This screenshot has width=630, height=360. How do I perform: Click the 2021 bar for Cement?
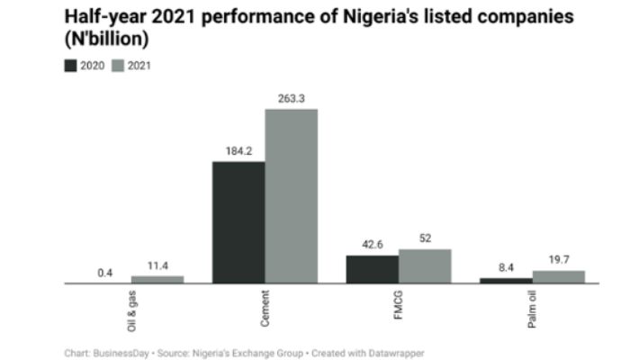291,196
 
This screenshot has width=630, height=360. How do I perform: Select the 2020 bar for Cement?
238,222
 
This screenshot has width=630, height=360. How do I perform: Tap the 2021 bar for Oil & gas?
157,280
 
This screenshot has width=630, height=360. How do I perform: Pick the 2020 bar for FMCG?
372,269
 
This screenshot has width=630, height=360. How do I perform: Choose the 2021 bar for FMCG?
425,266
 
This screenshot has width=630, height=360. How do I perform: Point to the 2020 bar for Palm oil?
505,281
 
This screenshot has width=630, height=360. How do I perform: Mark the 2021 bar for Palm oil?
558,277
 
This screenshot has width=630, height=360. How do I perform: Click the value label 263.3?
292,98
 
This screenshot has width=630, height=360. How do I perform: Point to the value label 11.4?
157,265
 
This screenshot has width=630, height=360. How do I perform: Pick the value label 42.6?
372,244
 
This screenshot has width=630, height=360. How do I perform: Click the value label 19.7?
558,260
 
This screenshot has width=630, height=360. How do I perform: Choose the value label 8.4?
506,267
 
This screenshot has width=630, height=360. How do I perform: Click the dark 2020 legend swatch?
70,66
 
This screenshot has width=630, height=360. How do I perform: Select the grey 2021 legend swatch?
118,66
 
